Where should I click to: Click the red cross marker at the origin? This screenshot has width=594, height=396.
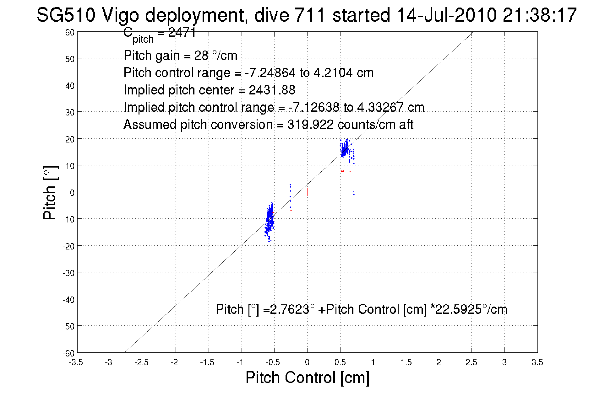tap(307, 192)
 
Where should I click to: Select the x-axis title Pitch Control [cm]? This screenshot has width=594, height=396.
tap(307, 377)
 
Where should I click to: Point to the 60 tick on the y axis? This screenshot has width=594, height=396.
tap(70, 32)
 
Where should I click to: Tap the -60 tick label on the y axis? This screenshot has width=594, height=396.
tap(68, 354)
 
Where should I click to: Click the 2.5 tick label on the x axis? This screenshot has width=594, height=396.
tap(471, 363)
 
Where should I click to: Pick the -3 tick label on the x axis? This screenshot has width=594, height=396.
tap(109, 363)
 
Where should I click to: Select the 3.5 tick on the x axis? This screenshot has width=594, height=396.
tap(537, 363)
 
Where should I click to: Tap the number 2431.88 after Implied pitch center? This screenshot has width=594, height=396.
tap(272, 90)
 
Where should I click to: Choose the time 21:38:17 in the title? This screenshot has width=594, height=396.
tap(539, 15)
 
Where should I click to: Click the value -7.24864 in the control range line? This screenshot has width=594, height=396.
tap(270, 73)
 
